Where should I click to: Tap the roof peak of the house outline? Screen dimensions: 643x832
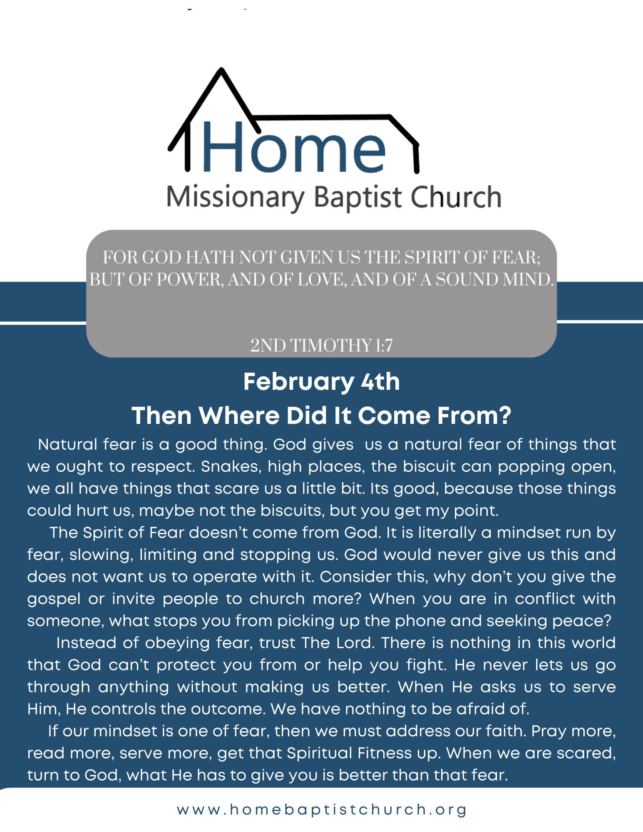pyautogui.click(x=222, y=69)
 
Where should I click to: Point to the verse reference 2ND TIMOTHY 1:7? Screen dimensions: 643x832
pyautogui.click(x=321, y=346)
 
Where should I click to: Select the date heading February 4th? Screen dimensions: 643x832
pyautogui.click(x=321, y=382)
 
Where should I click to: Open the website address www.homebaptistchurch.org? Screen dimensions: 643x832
pyautogui.click(x=322, y=810)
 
